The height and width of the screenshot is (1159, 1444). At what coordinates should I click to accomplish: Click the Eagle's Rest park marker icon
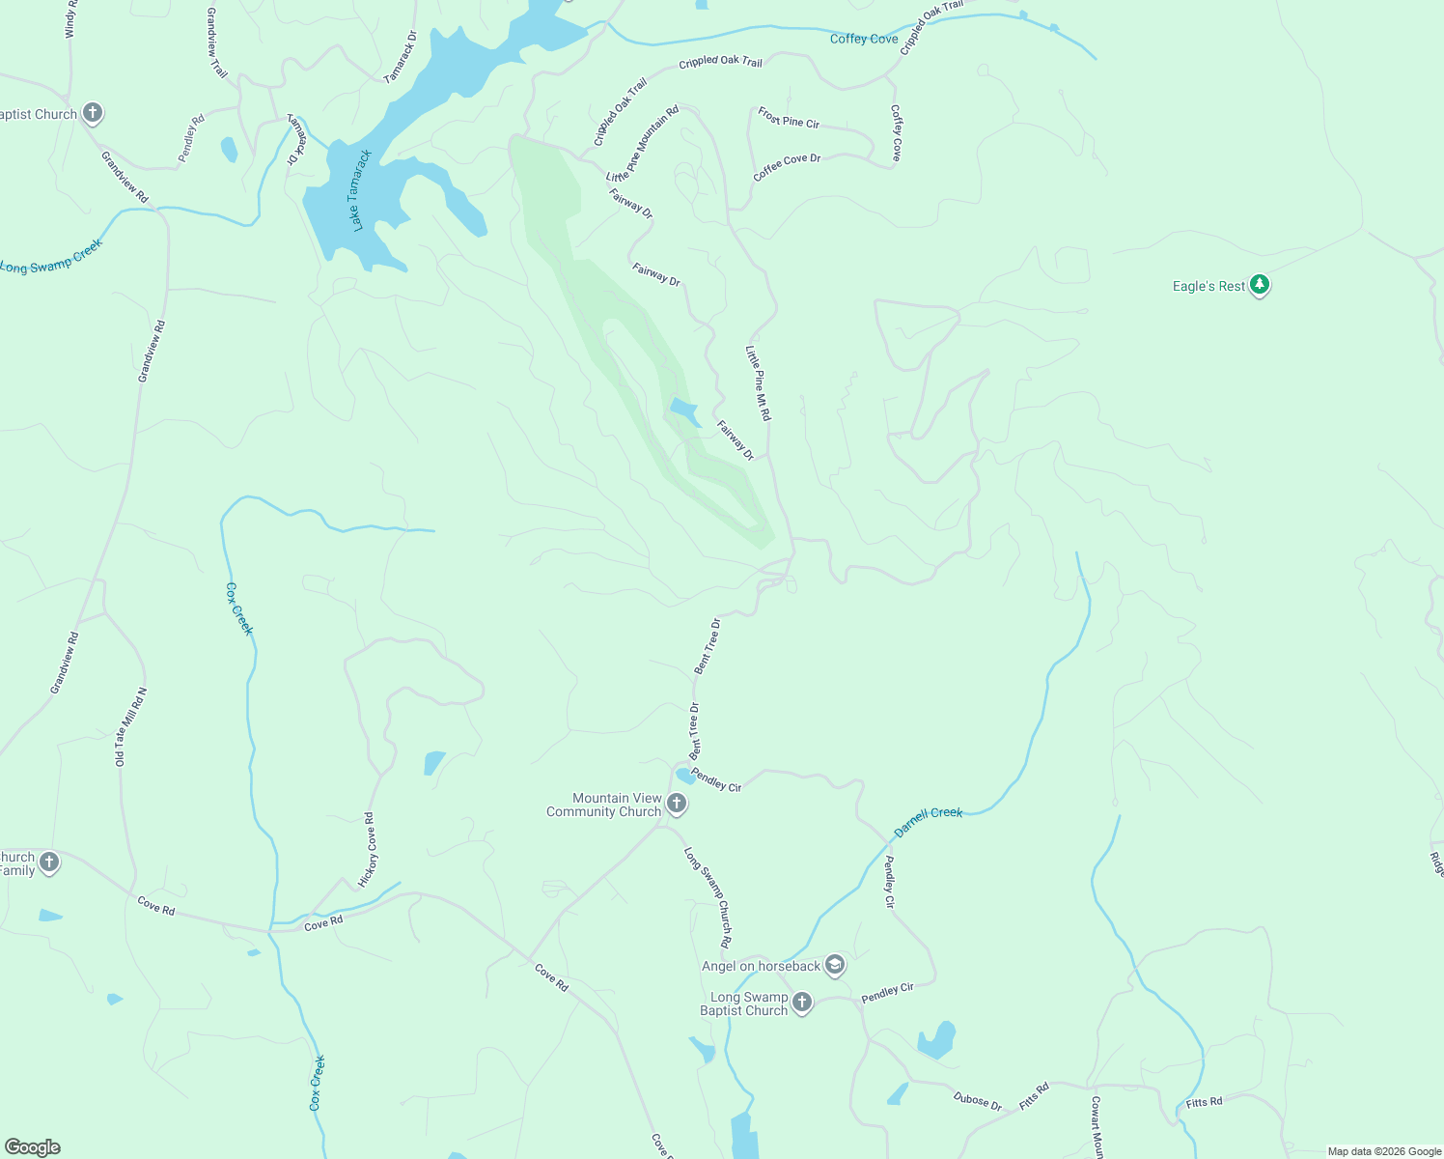(x=1259, y=285)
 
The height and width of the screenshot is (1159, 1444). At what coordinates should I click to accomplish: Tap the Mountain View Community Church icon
(x=677, y=804)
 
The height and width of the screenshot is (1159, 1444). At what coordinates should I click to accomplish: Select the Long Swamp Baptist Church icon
(x=802, y=1004)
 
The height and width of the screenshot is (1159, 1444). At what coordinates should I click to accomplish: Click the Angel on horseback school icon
(x=835, y=965)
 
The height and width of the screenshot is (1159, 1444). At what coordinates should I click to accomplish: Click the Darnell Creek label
(x=928, y=821)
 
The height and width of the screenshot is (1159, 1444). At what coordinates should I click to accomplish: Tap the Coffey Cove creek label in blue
(x=864, y=39)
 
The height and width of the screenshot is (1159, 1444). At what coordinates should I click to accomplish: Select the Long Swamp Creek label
(x=51, y=257)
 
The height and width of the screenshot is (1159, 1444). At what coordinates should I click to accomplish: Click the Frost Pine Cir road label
(x=789, y=118)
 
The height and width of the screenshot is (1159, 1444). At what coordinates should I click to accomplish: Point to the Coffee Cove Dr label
(x=787, y=166)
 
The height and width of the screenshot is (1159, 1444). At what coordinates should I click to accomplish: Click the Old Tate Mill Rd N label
(x=131, y=727)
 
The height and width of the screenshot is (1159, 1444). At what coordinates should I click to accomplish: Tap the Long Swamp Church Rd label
(x=708, y=897)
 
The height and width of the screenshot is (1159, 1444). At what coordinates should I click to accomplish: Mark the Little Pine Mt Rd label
(x=759, y=382)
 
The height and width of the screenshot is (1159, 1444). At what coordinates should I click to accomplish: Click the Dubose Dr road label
(x=977, y=1100)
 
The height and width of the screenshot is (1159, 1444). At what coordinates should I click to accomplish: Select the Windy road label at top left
(x=69, y=19)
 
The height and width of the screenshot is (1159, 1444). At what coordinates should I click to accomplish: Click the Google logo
(x=33, y=1147)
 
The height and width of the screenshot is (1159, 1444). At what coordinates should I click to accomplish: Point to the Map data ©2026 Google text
(x=1384, y=1151)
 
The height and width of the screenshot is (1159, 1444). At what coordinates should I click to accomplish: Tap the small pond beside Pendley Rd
(x=229, y=150)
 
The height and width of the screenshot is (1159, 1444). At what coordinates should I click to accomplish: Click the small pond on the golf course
(x=684, y=410)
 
